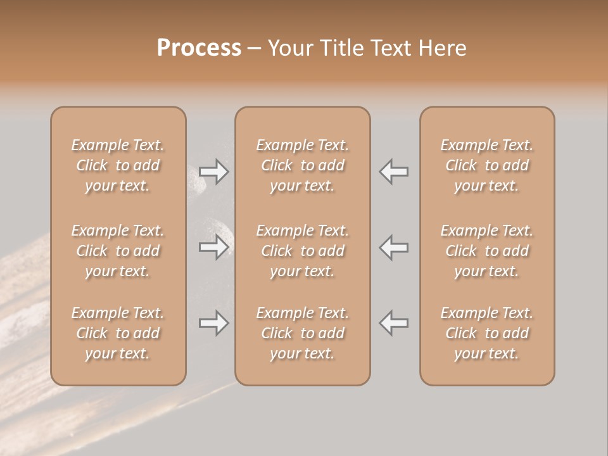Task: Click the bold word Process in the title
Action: (199, 48)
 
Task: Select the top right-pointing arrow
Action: (214, 172)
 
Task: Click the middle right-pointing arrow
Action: (214, 247)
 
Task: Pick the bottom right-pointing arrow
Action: (214, 323)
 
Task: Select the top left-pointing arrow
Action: (394, 172)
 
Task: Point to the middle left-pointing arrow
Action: (394, 247)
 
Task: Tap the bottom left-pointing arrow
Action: (394, 323)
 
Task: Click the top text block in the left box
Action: (118, 165)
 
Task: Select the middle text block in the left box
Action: (118, 251)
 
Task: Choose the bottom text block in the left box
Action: (118, 333)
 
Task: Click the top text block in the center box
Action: (303, 165)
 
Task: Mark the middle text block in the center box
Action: (303, 251)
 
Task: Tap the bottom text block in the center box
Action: (303, 333)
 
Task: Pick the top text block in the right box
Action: (487, 165)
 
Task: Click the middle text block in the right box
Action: (487, 251)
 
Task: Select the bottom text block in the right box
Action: (487, 333)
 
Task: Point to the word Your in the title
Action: (289, 48)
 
